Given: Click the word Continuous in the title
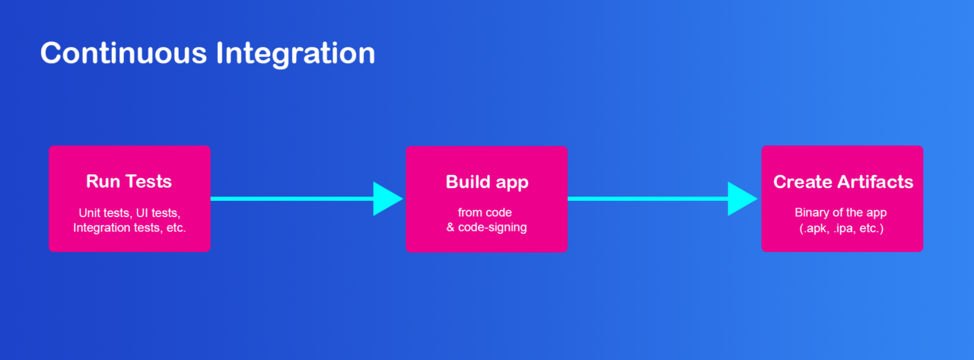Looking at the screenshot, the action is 123,53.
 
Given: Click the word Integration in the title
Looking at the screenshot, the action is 295,54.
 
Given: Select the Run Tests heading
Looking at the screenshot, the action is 129,181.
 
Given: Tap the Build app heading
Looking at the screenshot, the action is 487,183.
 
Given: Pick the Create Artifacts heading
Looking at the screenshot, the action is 843,182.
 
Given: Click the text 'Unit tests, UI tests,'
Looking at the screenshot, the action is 129,213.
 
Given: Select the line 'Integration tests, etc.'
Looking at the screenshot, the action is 129,228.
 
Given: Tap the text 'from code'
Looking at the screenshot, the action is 485,212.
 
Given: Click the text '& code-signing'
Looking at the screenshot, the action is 486,228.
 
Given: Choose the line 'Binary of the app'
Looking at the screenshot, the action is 841,212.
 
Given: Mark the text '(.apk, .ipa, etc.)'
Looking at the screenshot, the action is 842,228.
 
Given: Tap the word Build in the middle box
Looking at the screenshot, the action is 468,182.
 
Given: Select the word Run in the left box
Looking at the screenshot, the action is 103,181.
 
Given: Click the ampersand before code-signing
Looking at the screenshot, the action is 450,228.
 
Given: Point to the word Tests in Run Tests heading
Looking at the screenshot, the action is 148,181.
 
